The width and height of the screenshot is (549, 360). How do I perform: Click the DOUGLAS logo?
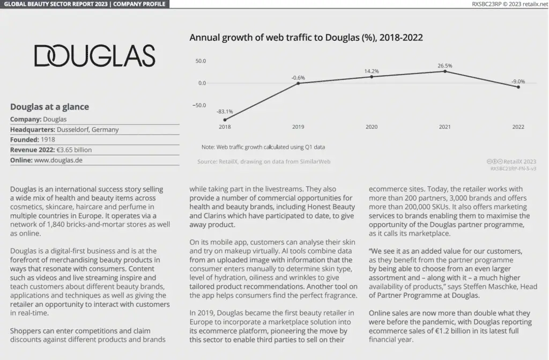94,56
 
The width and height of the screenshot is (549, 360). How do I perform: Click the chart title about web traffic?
306,38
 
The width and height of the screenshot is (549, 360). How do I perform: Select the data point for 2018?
225,120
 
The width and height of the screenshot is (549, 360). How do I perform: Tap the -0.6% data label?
298,78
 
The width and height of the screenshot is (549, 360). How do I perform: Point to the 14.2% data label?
372,71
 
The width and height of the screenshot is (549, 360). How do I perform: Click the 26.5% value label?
444,66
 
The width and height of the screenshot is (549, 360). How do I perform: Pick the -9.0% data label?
518,82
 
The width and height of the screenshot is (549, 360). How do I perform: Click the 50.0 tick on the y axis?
201,61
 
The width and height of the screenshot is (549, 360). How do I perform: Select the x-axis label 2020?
372,127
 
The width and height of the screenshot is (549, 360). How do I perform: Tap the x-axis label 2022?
518,127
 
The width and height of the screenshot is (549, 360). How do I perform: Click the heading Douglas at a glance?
49,107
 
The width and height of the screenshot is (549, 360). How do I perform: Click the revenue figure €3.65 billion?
74,150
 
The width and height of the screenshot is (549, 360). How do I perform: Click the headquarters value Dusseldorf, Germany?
87,129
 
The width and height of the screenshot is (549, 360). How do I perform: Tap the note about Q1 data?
263,146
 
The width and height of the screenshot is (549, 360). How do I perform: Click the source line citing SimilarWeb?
264,161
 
